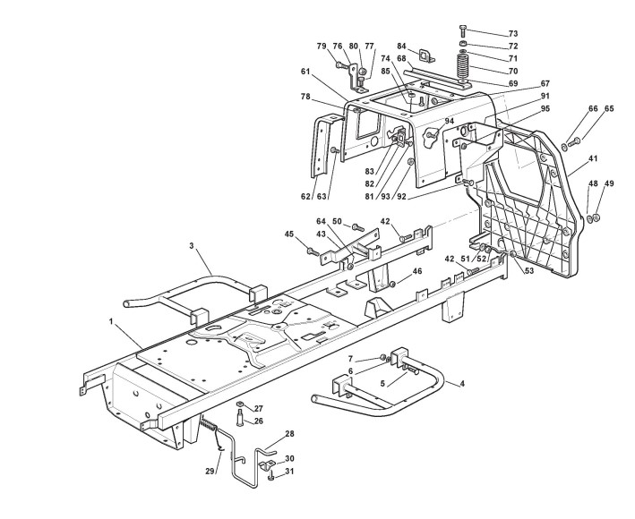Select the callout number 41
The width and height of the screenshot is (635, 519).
593,159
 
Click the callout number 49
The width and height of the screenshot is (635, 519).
609,184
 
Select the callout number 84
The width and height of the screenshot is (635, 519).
402,47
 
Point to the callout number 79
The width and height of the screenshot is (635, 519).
322,47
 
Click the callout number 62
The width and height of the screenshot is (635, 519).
305,195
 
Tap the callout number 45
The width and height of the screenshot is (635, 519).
289,234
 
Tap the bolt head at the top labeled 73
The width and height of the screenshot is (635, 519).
462,29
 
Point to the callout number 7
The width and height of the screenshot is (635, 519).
351,359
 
